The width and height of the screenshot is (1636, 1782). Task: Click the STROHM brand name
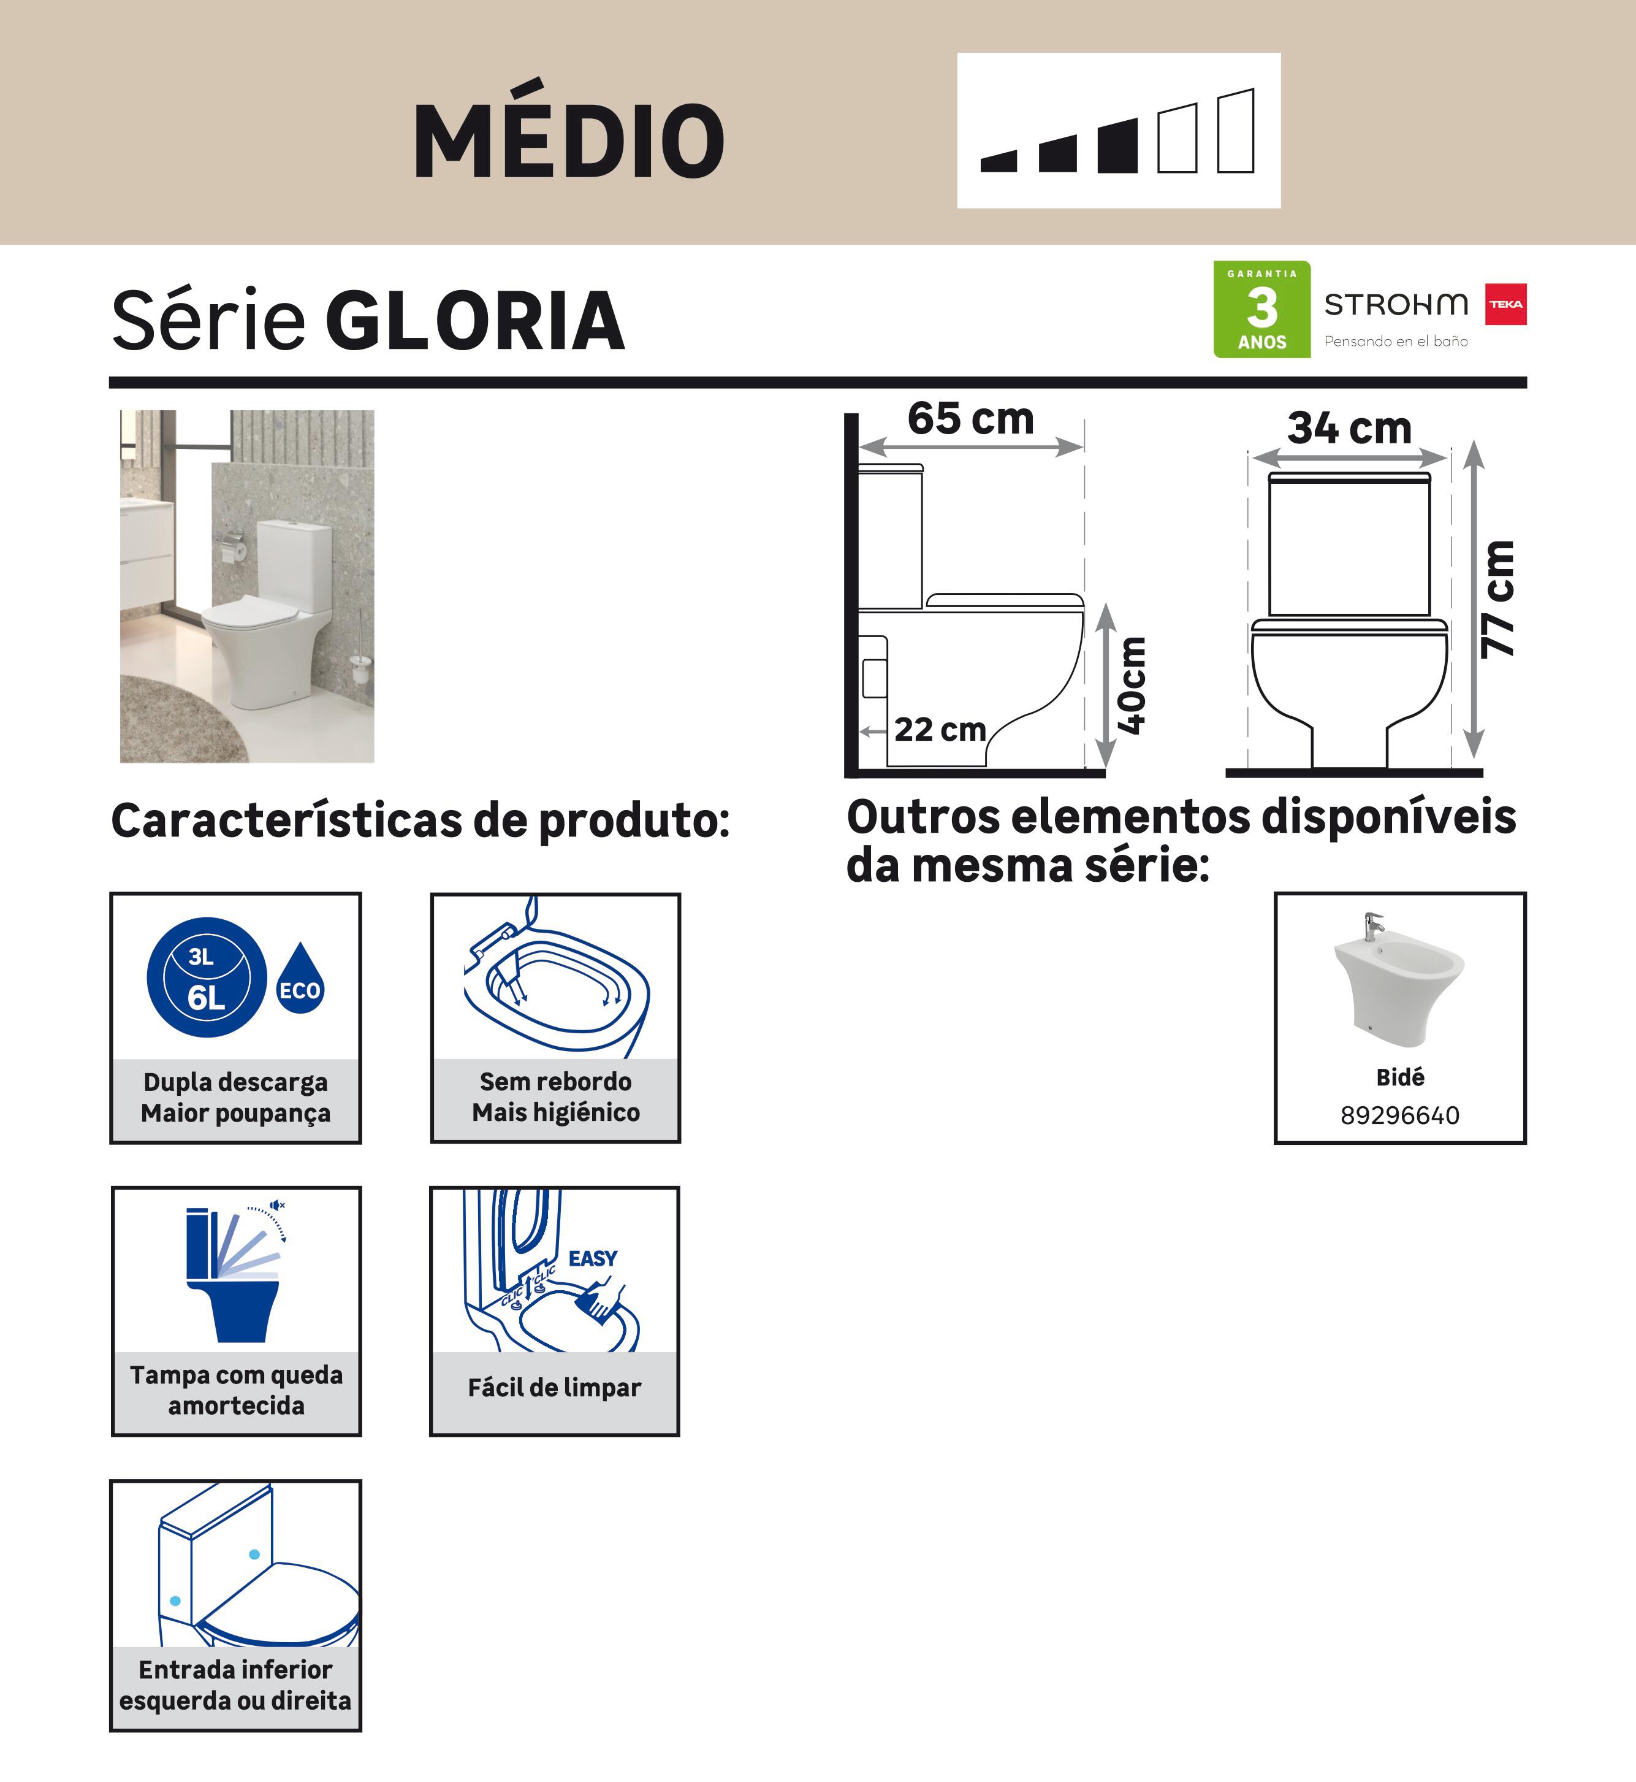click(1396, 304)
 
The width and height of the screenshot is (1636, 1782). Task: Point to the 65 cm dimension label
click(970, 418)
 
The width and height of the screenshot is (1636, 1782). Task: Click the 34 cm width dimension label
click(1349, 428)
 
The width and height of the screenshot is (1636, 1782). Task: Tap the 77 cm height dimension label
click(1498, 600)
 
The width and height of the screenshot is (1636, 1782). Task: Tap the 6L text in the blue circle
click(207, 998)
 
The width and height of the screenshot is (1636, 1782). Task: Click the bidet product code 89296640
click(1399, 1115)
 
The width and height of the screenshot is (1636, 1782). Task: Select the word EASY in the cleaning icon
click(592, 1258)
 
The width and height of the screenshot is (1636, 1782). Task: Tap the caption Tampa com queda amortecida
click(237, 1390)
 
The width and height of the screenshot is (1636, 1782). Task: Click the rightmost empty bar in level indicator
click(1236, 131)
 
